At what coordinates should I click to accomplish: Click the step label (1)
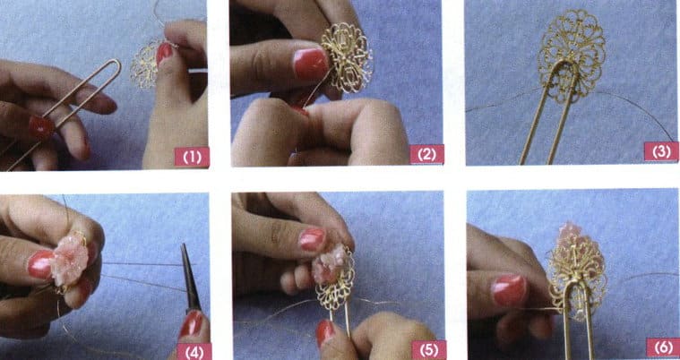pos(191,157)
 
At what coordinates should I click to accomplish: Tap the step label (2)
pos(426,154)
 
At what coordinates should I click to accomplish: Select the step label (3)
pos(660,151)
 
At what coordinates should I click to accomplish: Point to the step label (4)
pos(193,349)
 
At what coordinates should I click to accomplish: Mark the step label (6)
pos(660,347)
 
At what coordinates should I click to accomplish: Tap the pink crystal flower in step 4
pos(69,260)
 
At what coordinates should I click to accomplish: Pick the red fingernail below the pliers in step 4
pos(191,323)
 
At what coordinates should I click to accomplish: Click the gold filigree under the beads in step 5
pos(334,287)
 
